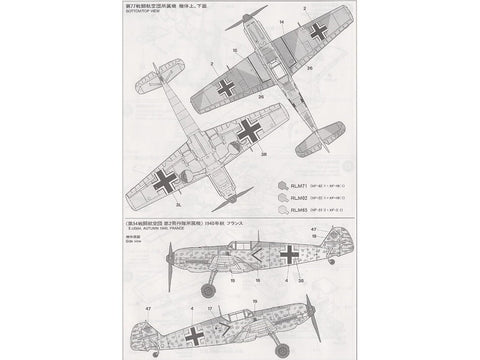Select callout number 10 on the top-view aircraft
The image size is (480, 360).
(x=235, y=47)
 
